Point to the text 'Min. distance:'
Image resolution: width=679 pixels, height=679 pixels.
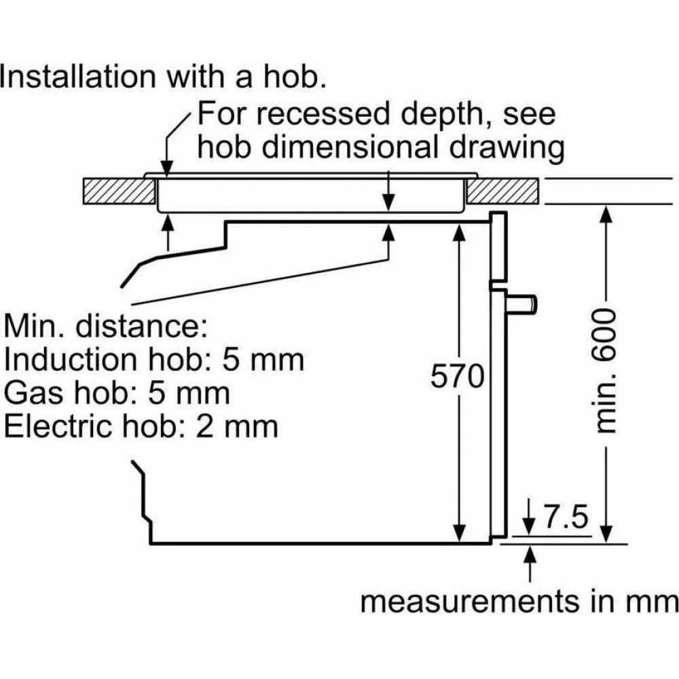(105, 327)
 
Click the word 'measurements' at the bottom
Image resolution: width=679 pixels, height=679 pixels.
(466, 602)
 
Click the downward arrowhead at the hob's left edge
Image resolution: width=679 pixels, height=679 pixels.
(164, 170)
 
